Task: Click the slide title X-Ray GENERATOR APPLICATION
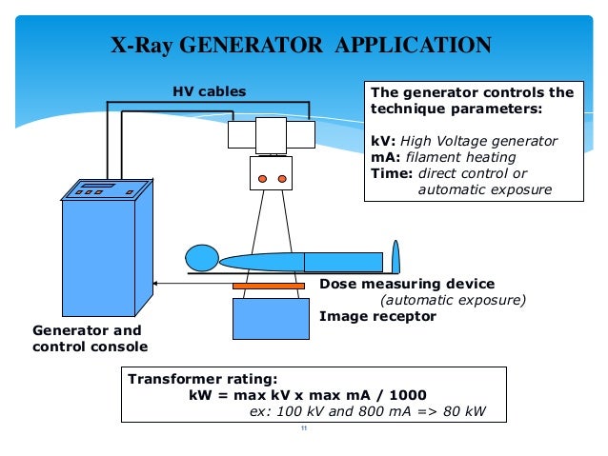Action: (x=300, y=45)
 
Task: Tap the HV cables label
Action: (x=209, y=91)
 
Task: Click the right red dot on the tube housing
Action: (x=282, y=178)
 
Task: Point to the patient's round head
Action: (x=202, y=258)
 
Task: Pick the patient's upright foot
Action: (x=395, y=257)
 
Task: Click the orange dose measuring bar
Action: (x=269, y=285)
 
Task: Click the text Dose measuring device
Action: (x=407, y=284)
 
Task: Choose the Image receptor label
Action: (x=377, y=316)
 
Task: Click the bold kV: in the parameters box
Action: (x=381, y=141)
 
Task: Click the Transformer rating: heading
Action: (x=189, y=378)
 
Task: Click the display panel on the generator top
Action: (x=98, y=184)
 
